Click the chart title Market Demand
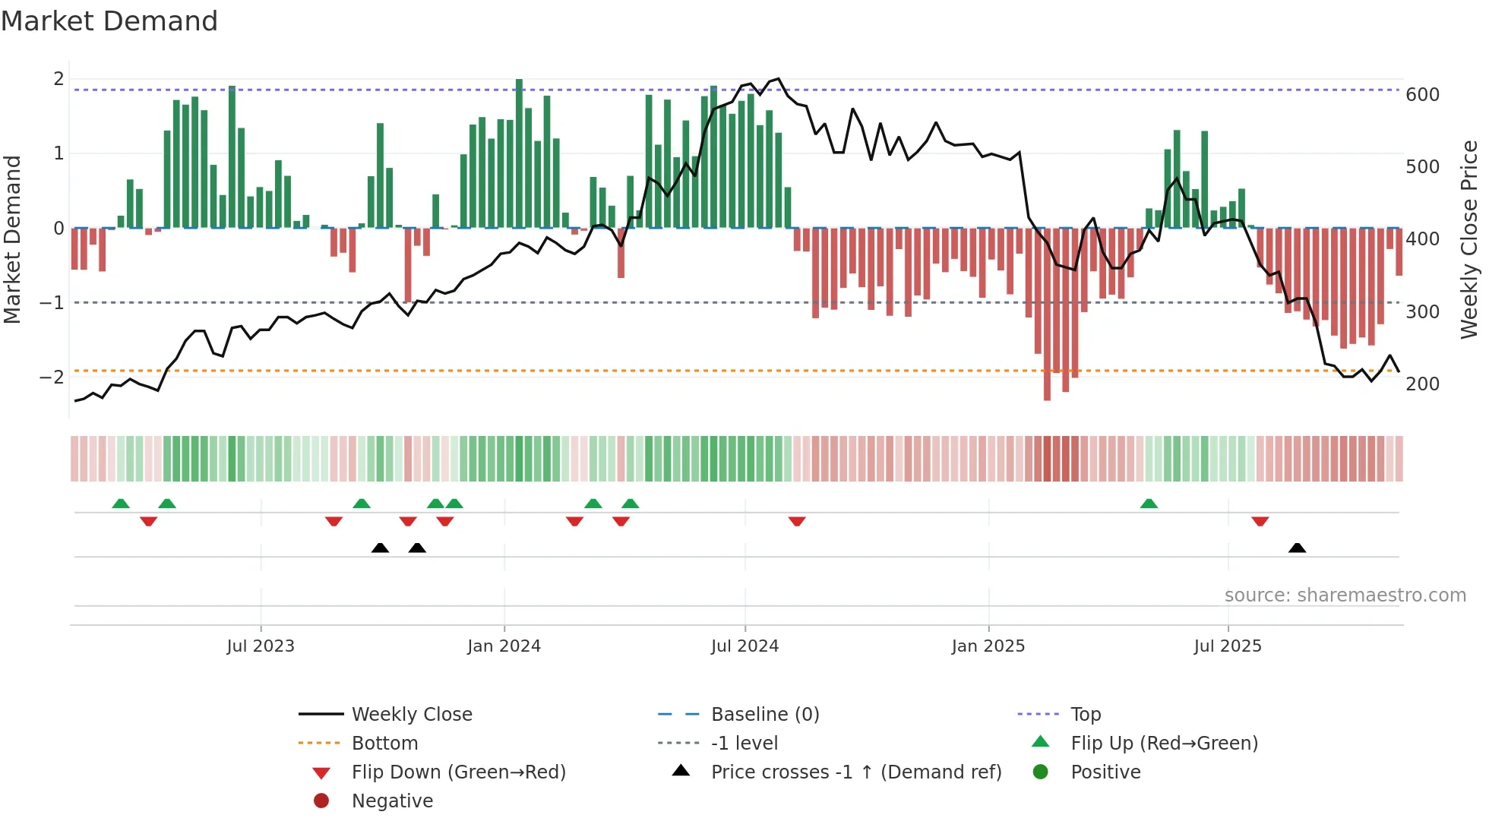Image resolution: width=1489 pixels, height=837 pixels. coord(109,21)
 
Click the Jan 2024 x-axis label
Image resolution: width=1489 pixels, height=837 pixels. coord(504,646)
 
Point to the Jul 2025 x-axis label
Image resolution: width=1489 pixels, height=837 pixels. coord(1227,646)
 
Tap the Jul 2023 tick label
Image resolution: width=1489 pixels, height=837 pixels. coord(260,646)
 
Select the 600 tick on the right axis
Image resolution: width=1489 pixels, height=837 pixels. coord(1422,95)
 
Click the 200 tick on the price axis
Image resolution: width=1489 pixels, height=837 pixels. coord(1422,384)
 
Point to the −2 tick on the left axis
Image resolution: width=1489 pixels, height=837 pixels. coord(52,377)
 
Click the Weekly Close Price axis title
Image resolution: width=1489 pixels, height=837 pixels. coord(1469,239)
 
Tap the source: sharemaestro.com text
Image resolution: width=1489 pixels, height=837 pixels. coord(1345,595)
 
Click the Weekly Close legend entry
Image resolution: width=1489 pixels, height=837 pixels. coord(411,715)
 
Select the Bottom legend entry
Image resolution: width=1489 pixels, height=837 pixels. coord(384,744)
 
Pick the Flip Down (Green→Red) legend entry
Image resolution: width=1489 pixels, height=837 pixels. coord(458,772)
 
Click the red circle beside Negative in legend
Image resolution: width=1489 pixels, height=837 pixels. coord(321,801)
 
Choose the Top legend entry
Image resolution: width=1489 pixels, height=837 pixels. coord(1085,715)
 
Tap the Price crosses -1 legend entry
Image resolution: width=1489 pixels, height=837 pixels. coord(855,772)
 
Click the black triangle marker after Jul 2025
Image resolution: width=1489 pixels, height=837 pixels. coord(1297,548)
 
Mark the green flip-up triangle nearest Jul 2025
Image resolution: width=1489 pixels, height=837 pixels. coord(1149,504)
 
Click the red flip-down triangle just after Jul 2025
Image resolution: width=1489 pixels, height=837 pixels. coord(1260,521)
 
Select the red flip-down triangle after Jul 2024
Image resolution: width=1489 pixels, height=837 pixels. coord(796,521)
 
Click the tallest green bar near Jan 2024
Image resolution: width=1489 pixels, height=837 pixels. coord(519,152)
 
